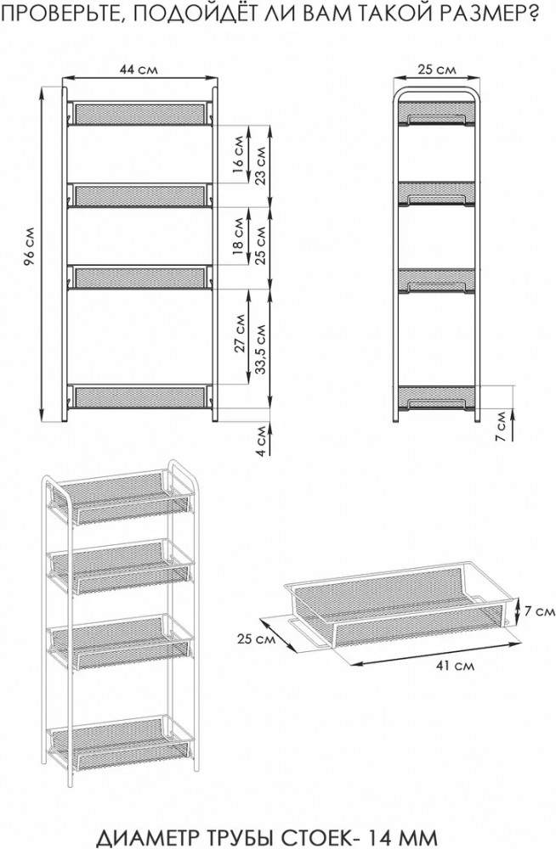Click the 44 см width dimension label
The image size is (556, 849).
click(x=139, y=70)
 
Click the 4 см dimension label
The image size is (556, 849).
click(x=261, y=440)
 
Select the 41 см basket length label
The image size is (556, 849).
click(x=455, y=665)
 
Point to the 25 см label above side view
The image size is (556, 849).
click(x=437, y=70)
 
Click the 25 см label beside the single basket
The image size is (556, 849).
click(x=256, y=639)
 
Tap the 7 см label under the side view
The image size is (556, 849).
click(x=501, y=426)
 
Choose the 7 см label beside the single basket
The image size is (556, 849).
click(x=540, y=611)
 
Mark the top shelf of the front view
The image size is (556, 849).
click(x=139, y=113)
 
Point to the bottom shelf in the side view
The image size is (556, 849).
click(x=437, y=397)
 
